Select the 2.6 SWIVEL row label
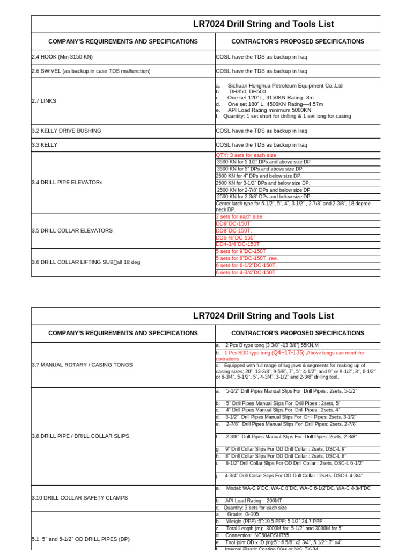click(x=91, y=71)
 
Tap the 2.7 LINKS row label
click(x=44, y=100)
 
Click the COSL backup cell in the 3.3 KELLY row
click(x=261, y=145)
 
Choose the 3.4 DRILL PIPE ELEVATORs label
click(x=67, y=182)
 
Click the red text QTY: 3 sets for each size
click(x=246, y=155)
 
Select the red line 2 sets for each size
click(x=239, y=216)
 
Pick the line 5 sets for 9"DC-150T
click(x=241, y=251)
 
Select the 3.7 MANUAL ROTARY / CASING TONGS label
click(x=82, y=365)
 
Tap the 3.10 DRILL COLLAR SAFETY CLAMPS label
click(x=79, y=498)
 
